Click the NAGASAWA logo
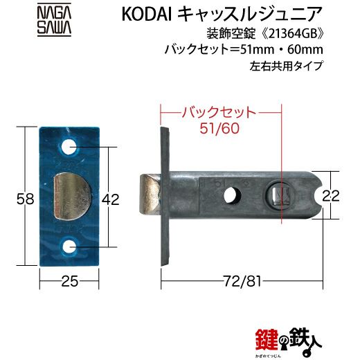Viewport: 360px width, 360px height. [54, 20]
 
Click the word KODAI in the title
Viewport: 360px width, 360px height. [146, 15]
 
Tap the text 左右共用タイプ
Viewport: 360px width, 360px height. [286, 66]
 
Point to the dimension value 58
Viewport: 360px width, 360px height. [26, 199]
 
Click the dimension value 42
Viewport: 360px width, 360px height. [110, 199]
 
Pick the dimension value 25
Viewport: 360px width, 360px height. [70, 282]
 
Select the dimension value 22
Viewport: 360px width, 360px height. [331, 197]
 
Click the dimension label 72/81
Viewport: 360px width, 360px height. [242, 282]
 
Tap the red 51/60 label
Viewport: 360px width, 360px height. [219, 128]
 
